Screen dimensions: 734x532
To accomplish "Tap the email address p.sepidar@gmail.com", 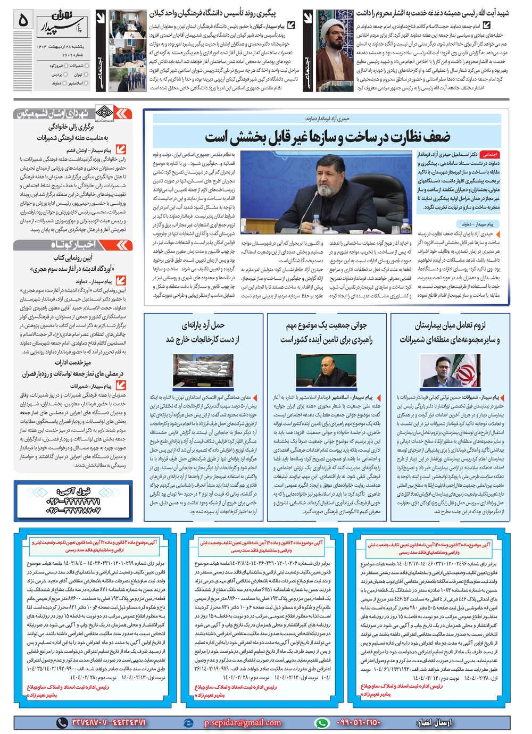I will (243, 722).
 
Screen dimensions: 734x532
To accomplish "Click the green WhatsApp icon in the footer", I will (321, 723).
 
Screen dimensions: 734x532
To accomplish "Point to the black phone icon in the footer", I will (62, 722).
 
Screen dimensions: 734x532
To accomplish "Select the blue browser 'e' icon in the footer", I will (188, 723).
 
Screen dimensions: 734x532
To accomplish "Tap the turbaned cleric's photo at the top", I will (335, 51).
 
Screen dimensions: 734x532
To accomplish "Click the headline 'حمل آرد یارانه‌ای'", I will (203, 331).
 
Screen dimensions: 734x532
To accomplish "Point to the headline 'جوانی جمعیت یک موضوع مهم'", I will (326, 325).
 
